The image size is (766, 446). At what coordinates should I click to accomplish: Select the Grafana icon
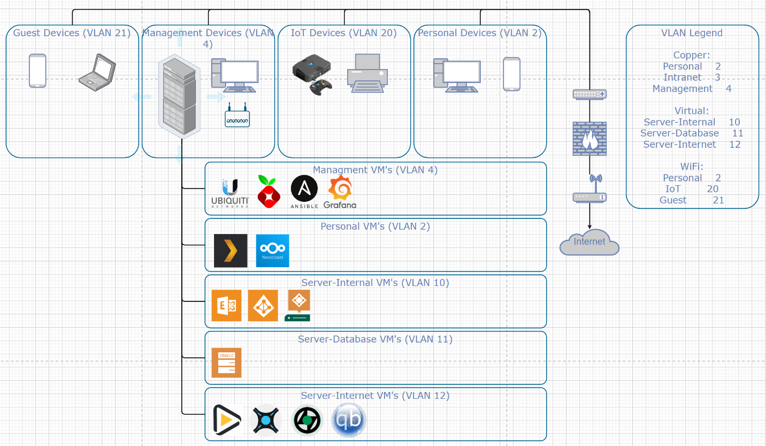pos(340,192)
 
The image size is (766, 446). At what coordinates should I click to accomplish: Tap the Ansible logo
pos(304,192)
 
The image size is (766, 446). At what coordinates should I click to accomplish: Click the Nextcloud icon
pos(272,250)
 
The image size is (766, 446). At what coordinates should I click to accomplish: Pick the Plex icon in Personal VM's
pos(231,250)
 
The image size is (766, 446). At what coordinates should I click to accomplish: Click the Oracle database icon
pos(226,362)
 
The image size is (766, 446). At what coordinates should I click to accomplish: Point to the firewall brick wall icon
pos(589,138)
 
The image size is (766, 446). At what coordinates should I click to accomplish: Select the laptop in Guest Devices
pos(97,70)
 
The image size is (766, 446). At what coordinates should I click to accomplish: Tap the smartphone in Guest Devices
pos(37,71)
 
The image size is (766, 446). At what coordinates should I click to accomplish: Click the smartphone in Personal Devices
pos(511,74)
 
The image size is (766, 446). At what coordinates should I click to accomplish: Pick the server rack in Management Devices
pos(178,97)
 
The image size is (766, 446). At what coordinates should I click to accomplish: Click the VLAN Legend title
pos(692,33)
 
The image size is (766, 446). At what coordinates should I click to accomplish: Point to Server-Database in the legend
pos(679,133)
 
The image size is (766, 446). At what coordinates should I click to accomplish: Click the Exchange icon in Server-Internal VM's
pos(226,306)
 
